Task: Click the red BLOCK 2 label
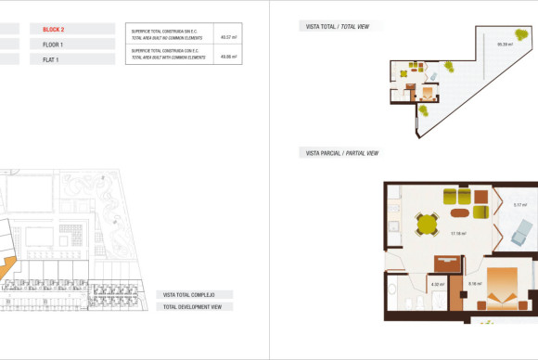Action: click(x=54, y=30)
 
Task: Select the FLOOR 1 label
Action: click(x=53, y=45)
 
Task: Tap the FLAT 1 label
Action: click(x=51, y=59)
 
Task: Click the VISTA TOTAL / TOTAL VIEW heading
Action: click(x=338, y=27)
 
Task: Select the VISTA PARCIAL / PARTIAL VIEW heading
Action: click(x=342, y=153)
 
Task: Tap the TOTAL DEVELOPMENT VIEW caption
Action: click(x=193, y=306)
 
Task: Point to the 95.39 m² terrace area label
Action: click(x=505, y=44)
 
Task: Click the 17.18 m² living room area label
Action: click(x=457, y=234)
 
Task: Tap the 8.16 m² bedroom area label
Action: click(x=474, y=284)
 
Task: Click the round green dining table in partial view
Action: click(x=428, y=224)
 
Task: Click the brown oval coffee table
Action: click(x=459, y=210)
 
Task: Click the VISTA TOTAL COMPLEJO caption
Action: click(x=189, y=295)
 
